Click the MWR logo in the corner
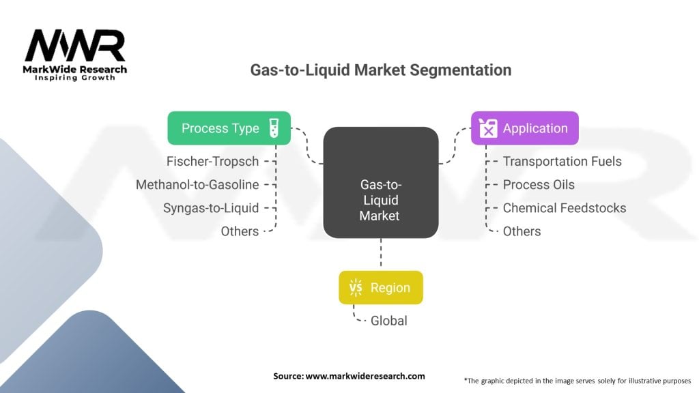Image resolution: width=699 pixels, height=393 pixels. click(75, 53)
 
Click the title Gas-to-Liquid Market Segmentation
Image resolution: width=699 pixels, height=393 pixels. click(380, 70)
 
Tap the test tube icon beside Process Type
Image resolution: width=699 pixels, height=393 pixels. click(274, 128)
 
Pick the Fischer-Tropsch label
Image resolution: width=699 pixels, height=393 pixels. click(212, 162)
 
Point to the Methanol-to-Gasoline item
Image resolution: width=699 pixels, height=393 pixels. click(197, 185)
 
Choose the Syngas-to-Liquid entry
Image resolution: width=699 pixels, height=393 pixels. click(210, 208)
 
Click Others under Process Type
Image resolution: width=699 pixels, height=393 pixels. click(240, 231)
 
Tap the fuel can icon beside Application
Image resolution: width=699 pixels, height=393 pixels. click(488, 128)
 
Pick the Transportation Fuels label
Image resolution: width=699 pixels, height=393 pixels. click(562, 162)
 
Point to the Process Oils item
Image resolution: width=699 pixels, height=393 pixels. click(539, 185)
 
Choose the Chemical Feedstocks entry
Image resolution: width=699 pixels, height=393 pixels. click(564, 208)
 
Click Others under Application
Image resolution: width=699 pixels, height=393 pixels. click(522, 231)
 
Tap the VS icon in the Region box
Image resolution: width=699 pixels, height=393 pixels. click(356, 288)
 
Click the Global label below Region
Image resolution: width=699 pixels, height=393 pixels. click(388, 321)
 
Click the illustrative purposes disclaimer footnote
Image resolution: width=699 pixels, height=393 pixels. click(577, 380)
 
